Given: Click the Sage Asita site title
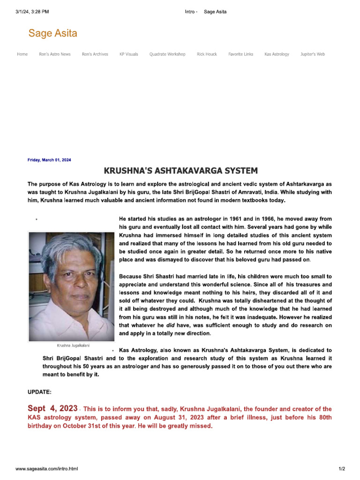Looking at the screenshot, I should click(52, 33).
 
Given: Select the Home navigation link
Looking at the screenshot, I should click(22, 54).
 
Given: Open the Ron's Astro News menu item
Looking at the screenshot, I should click(55, 54).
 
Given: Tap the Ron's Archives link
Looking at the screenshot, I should click(95, 54).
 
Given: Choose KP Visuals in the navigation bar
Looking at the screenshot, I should click(128, 54).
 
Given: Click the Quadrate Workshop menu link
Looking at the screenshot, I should click(167, 54).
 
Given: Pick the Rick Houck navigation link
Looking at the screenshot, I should click(207, 54).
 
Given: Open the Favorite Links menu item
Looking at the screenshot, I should click(240, 54).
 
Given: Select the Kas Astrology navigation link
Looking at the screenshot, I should click(277, 54).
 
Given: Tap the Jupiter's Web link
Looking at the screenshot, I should click(312, 54).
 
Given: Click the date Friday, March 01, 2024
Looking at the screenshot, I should click(49, 160).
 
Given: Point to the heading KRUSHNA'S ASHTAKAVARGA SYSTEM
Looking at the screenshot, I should click(180, 171).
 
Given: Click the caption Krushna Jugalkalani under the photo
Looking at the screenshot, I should click(73, 345).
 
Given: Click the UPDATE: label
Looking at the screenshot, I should click(40, 391).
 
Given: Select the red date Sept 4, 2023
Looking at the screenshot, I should click(52, 409).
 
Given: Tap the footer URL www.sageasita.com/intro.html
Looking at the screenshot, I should click(47, 469).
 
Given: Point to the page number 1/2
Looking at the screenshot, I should click(342, 469).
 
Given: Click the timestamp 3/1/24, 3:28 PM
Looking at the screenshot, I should click(32, 12).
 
